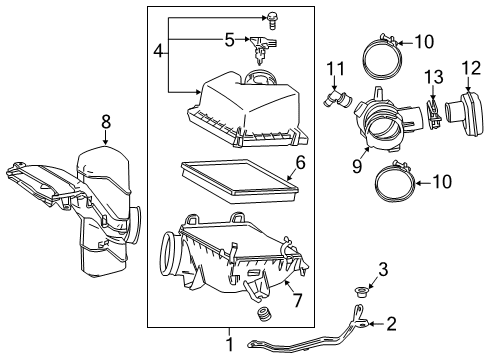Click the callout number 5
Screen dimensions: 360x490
[228, 41]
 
